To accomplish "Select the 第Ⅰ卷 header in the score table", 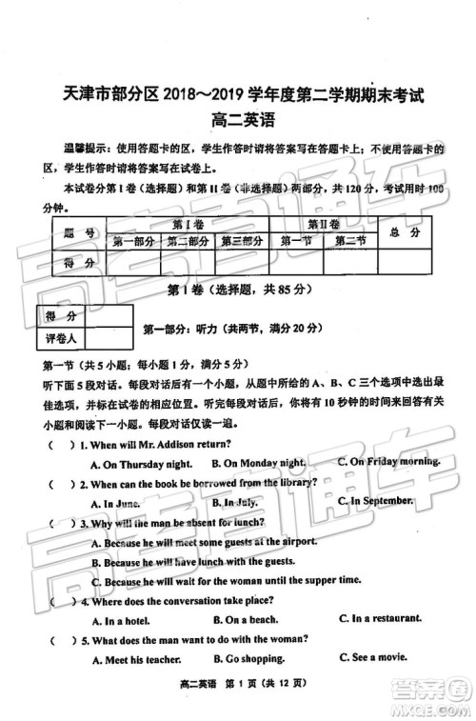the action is coord(187,223).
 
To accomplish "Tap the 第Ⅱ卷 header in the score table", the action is coord(324,223).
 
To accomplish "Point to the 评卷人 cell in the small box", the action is coord(59,337).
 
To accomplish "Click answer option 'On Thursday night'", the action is coord(141,463).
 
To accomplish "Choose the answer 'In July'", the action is coord(234,502).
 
